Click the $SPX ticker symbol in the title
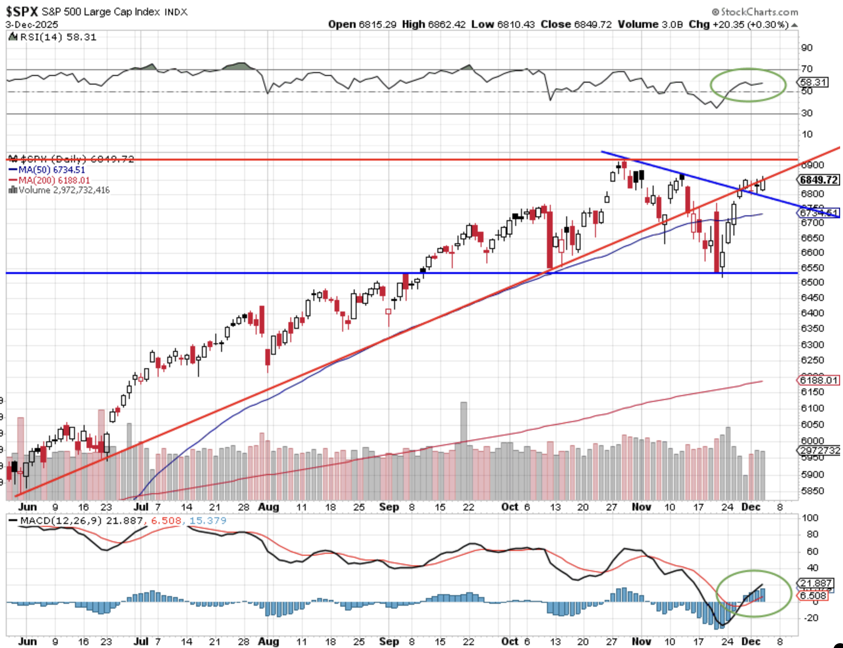point(22,11)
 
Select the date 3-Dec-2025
point(32,25)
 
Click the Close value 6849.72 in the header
point(593,24)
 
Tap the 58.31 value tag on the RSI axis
point(813,82)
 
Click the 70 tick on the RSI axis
point(806,69)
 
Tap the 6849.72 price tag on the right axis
point(819,180)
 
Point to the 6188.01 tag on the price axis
point(819,380)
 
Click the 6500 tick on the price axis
point(812,282)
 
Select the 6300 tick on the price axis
point(812,345)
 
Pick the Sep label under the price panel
point(389,507)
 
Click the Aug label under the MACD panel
point(268,641)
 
